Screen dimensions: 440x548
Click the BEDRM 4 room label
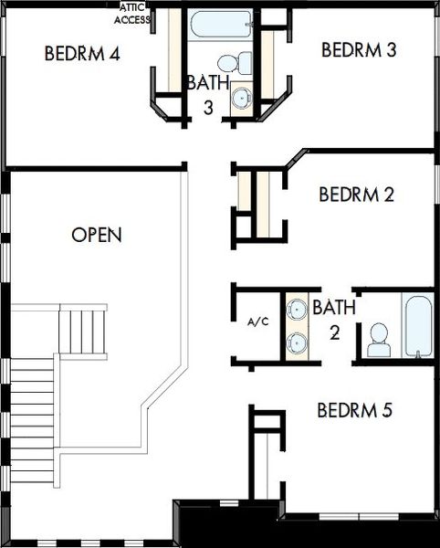(x=82, y=54)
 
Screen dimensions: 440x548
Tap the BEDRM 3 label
(x=359, y=49)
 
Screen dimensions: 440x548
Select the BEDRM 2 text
(x=357, y=195)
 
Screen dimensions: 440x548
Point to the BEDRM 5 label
(x=355, y=410)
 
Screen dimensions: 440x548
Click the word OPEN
(x=97, y=235)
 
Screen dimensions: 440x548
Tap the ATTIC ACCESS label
(x=132, y=14)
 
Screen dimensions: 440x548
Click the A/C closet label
(x=258, y=321)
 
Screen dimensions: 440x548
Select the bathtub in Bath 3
(x=221, y=24)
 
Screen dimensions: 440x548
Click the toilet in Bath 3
(x=235, y=63)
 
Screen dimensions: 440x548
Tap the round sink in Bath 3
(x=242, y=98)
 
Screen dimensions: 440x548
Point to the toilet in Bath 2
(x=379, y=340)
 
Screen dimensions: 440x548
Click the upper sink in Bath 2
(x=297, y=309)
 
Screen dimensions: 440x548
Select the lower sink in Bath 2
(x=297, y=342)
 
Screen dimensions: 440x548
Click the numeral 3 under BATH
(x=208, y=108)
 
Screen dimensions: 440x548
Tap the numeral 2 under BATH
(x=334, y=332)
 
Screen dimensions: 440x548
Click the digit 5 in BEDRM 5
(x=387, y=410)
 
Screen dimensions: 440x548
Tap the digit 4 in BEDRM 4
(x=114, y=54)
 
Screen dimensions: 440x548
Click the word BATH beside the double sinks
(x=334, y=307)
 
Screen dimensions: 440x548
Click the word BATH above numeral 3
(x=208, y=82)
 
